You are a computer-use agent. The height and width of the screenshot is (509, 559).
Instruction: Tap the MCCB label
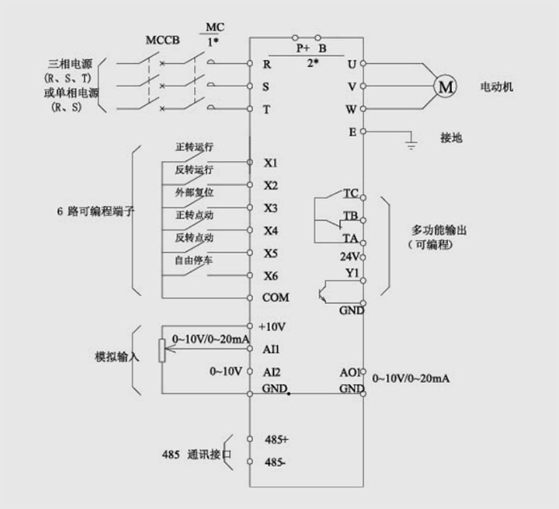click(162, 40)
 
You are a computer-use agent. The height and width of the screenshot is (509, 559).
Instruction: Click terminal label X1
click(271, 164)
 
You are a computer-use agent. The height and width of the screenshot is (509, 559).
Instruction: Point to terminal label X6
click(271, 276)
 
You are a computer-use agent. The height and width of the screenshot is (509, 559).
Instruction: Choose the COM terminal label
click(276, 298)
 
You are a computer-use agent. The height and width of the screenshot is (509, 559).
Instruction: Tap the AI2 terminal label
click(272, 372)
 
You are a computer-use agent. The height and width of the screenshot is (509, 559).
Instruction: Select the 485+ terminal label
click(276, 440)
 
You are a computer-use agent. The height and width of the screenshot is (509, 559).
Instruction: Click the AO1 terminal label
click(351, 372)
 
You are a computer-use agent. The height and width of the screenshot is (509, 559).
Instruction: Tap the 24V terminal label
click(351, 257)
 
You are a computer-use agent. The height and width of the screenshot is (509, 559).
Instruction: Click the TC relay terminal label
click(351, 194)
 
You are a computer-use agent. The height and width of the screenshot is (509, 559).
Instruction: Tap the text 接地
click(451, 137)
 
